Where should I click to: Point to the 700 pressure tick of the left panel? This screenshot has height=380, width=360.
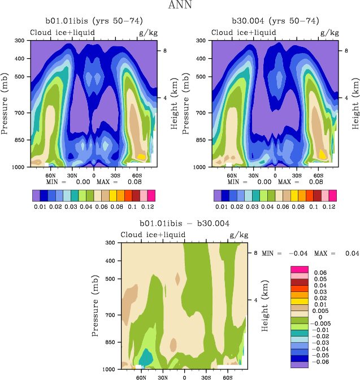(20, 113)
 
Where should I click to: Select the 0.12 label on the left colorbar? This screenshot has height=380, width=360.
(146, 208)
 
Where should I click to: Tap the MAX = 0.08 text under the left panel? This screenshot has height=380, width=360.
(123, 182)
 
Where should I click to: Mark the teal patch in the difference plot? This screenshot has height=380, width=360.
(146, 357)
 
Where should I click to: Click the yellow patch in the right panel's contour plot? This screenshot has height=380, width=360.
(322, 154)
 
